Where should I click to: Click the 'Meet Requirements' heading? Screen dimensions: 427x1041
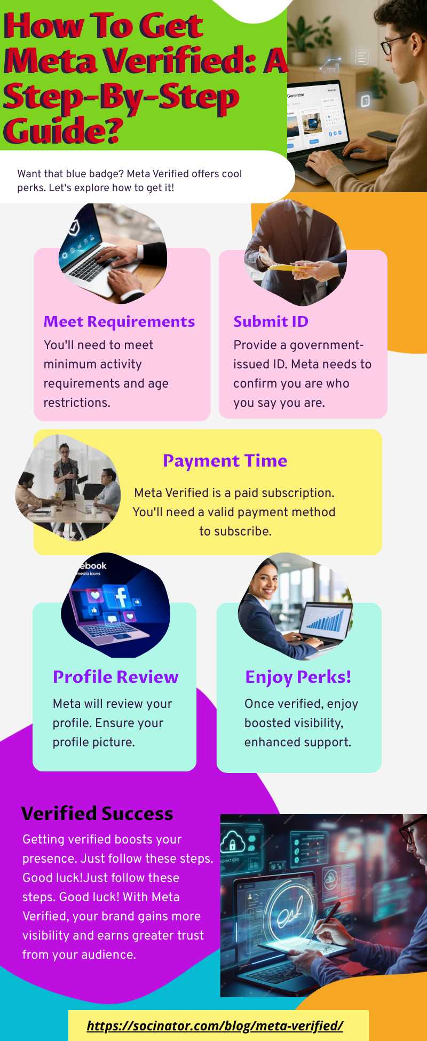tap(119, 321)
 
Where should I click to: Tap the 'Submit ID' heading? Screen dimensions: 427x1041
tap(271, 321)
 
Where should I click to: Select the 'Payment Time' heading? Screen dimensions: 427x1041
tap(225, 461)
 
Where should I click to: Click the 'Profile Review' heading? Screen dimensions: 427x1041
tap(115, 677)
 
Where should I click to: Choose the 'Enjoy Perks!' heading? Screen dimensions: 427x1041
tap(298, 677)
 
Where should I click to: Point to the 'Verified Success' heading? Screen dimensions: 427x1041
tap(97, 814)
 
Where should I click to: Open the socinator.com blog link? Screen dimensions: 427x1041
tap(215, 1026)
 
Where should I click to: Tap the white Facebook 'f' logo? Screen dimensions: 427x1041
tap(121, 597)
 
